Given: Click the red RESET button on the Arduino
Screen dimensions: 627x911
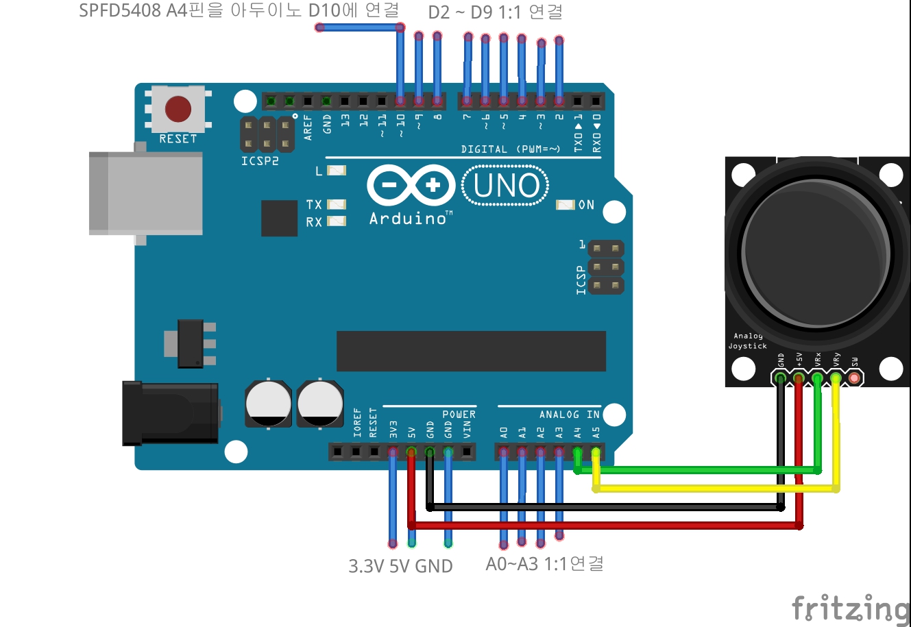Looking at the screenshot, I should point(178,108).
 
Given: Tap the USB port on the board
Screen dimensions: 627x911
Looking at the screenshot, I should point(145,194).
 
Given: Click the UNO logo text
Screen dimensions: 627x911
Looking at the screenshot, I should point(506,186).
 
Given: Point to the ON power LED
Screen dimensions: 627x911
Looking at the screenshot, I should point(565,205).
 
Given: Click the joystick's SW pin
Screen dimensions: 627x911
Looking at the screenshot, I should point(853,378).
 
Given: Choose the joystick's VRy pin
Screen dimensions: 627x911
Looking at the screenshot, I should point(835,378).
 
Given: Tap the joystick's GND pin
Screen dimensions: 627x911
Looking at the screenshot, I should point(780,378).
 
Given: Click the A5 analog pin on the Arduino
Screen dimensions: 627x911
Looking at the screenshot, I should point(596,452).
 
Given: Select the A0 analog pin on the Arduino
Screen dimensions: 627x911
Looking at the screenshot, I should point(504,452).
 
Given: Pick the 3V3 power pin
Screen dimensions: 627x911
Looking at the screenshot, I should point(393,452).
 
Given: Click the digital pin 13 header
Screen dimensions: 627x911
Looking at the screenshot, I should point(345,101).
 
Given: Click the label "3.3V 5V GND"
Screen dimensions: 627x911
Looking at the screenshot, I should point(400,566).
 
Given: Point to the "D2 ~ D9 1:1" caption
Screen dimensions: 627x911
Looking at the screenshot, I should point(495,12).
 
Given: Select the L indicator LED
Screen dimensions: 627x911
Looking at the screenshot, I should point(337,171).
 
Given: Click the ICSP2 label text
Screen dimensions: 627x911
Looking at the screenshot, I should point(260,161).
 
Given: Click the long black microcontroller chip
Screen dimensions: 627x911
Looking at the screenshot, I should point(471,351).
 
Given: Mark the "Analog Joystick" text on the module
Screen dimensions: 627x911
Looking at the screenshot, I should point(747,341).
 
